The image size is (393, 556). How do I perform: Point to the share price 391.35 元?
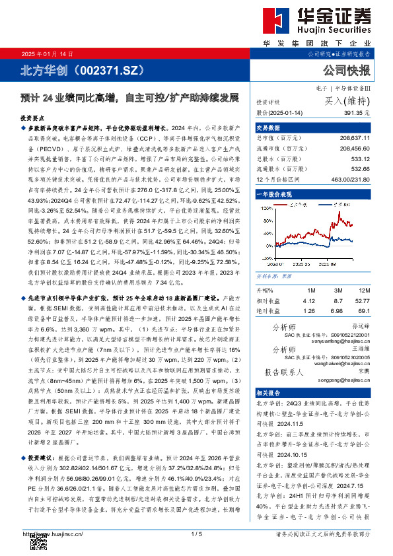click(356, 113)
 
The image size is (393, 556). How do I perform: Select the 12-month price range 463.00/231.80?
click(350, 179)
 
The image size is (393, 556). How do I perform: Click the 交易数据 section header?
click(265, 128)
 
